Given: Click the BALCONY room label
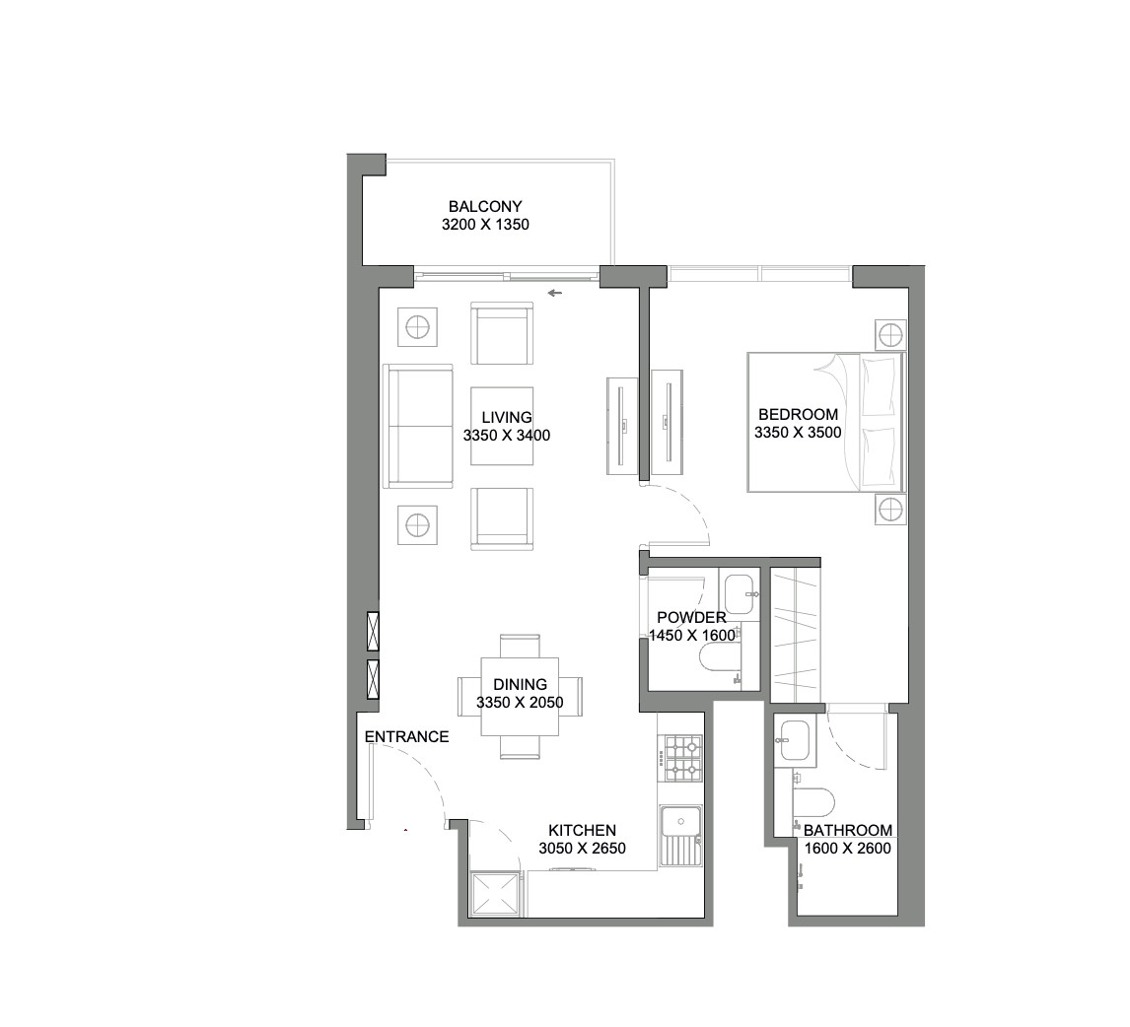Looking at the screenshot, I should tap(484, 207).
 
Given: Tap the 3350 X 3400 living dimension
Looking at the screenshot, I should tap(506, 435).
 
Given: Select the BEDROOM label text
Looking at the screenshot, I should tap(798, 415).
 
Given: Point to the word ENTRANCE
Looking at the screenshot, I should tap(406, 737).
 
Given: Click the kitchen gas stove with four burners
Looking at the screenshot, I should tap(680, 759).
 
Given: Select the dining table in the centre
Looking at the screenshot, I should tap(520, 696).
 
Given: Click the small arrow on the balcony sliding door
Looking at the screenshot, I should tap(555, 293).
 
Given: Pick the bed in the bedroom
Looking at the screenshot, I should tap(824, 422).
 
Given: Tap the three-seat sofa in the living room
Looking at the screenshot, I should tap(418, 426).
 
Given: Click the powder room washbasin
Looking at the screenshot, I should tap(739, 594).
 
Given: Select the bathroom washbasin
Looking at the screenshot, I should tap(795, 741).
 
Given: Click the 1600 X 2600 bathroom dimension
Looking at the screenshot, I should tap(847, 848).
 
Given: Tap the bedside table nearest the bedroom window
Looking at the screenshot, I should tap(890, 334).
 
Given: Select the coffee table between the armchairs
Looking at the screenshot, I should tap(502, 426).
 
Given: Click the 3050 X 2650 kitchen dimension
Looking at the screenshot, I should tap(582, 848).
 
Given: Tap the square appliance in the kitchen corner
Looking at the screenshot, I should tap(497, 895).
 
